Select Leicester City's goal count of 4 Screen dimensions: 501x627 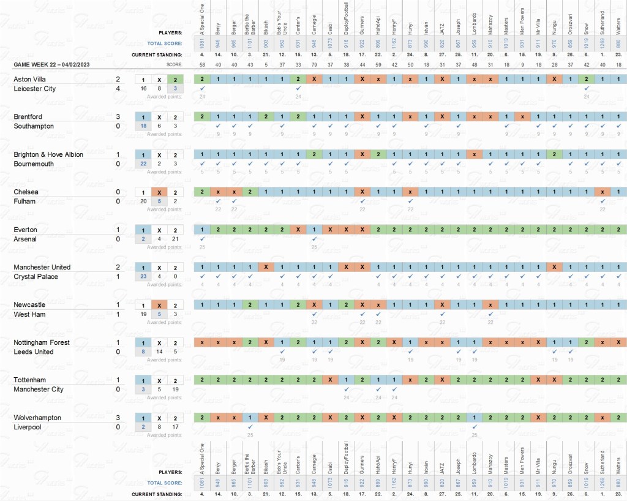point(118,89)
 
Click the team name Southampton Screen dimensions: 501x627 point(34,126)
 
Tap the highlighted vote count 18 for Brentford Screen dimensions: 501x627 point(143,126)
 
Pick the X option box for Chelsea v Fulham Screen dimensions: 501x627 point(159,192)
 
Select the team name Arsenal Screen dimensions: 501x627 point(26,239)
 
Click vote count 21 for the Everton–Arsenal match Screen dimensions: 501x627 point(175,239)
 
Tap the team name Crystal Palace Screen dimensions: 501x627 point(37,277)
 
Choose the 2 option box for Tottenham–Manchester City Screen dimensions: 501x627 point(175,380)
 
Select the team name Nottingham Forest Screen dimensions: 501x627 point(42,342)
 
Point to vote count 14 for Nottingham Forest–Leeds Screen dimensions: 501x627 point(159,352)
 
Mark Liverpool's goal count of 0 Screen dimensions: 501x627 point(118,428)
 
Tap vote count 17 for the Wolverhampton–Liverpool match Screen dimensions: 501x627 point(175,428)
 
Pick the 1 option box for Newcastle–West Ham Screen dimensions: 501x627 point(143,305)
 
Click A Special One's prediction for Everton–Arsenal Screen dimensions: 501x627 point(201,230)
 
